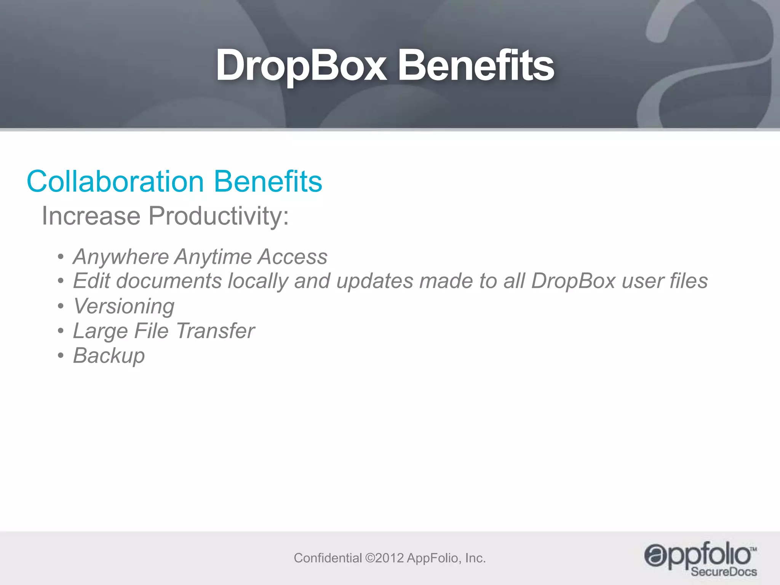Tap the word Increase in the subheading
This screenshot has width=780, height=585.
pos(91,216)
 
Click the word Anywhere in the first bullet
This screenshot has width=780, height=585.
pos(121,257)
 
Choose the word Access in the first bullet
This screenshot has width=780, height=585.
pos(292,257)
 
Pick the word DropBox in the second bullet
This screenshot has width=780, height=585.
pos(573,281)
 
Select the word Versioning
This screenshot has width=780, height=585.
pos(124,306)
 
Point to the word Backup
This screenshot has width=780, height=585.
pos(109,356)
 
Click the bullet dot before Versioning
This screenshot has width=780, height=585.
pos(61,307)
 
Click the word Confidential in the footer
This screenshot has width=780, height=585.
pos(328,558)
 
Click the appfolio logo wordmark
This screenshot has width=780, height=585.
pos(697,555)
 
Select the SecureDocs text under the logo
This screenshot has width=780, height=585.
pos(724,572)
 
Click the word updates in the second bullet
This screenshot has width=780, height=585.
pos(375,281)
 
